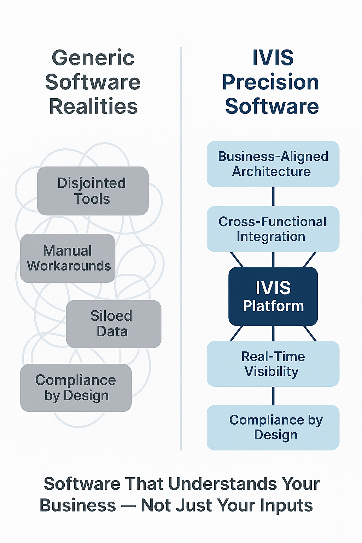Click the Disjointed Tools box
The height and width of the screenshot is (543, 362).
pyautogui.click(x=93, y=191)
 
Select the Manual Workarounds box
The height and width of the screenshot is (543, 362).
pyautogui.click(x=68, y=258)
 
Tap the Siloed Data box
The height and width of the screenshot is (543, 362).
pyautogui.click(x=113, y=324)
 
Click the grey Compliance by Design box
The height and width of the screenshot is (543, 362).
pyautogui.click(x=76, y=388)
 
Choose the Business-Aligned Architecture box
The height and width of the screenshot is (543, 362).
pyautogui.click(x=273, y=164)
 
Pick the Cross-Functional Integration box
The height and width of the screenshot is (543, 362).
pyautogui.click(x=273, y=229)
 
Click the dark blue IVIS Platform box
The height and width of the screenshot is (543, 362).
pyautogui.click(x=273, y=296)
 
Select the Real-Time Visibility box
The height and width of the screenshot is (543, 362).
pyautogui.click(x=273, y=363)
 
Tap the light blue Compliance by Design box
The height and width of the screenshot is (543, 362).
pyautogui.click(x=273, y=427)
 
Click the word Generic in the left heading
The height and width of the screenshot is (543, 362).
pyautogui.click(x=93, y=58)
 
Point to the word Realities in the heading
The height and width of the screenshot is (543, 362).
pyautogui.click(x=93, y=106)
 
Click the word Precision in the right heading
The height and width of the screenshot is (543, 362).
pyautogui.click(x=270, y=82)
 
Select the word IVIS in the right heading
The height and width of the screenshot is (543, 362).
pyautogui.click(x=273, y=58)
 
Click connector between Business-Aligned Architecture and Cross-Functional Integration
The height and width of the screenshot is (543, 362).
pyautogui.click(x=273, y=197)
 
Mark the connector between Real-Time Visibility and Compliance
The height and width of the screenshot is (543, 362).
pyautogui.click(x=273, y=396)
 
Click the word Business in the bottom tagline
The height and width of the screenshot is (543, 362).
pyautogui.click(x=78, y=506)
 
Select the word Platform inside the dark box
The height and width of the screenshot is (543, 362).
pyautogui.click(x=273, y=306)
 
